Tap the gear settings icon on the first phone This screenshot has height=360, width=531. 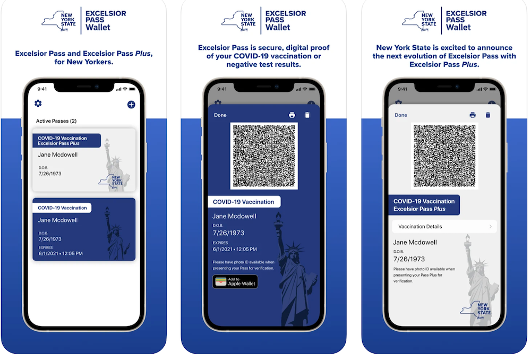coord(38,104)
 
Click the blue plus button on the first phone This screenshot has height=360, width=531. coord(131,105)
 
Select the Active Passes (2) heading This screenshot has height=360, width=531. coord(56,121)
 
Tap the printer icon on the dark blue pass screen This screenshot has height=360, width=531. coord(292,115)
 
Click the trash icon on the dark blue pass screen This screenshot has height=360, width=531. coord(307,115)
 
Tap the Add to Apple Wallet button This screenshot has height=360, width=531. coord(235,281)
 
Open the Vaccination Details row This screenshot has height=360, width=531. coord(444,227)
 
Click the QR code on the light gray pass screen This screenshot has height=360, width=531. coord(444,156)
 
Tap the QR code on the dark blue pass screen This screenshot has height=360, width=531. coord(264,156)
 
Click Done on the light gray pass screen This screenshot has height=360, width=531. coord(400,115)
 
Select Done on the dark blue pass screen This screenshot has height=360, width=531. coord(220,115)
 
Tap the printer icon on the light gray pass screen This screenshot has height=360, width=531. coord(473,115)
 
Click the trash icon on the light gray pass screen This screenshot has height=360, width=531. coord(487,115)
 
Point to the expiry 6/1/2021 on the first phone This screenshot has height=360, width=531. coord(48,253)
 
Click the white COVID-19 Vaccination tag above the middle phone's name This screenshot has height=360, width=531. coord(244,202)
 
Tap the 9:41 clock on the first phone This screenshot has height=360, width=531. coord(42,89)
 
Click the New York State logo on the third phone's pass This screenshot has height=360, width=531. coord(475,310)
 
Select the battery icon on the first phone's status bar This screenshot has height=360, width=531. coord(132,89)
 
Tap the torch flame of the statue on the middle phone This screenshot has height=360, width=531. coord(278,216)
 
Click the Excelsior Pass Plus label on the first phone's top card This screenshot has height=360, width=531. coord(58,143)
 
